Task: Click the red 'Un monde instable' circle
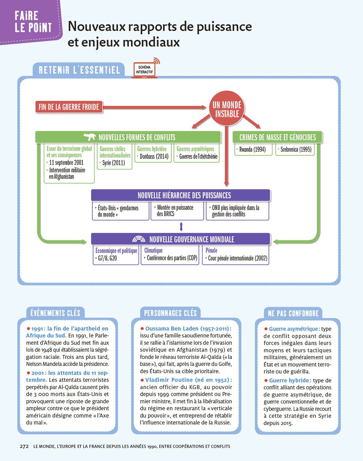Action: pos(227,109)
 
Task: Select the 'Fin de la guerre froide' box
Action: pos(69,107)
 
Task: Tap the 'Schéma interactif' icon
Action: pos(144,69)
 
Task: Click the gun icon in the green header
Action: pos(90,137)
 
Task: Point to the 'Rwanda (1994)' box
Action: pos(253,150)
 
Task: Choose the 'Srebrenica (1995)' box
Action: pos(295,150)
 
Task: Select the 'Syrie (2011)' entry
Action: pos(113,163)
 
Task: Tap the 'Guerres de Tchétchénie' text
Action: pos(198,156)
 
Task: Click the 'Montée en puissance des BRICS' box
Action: pos(177,211)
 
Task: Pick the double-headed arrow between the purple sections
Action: pos(181,227)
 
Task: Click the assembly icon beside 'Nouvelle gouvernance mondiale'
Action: pos(139,239)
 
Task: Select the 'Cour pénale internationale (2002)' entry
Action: pos(237,258)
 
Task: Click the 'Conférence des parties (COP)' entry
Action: pos(172,258)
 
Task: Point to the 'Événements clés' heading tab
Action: pos(55,313)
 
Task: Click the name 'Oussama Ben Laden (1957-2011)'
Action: pos(188,329)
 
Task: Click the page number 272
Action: pos(24,446)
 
